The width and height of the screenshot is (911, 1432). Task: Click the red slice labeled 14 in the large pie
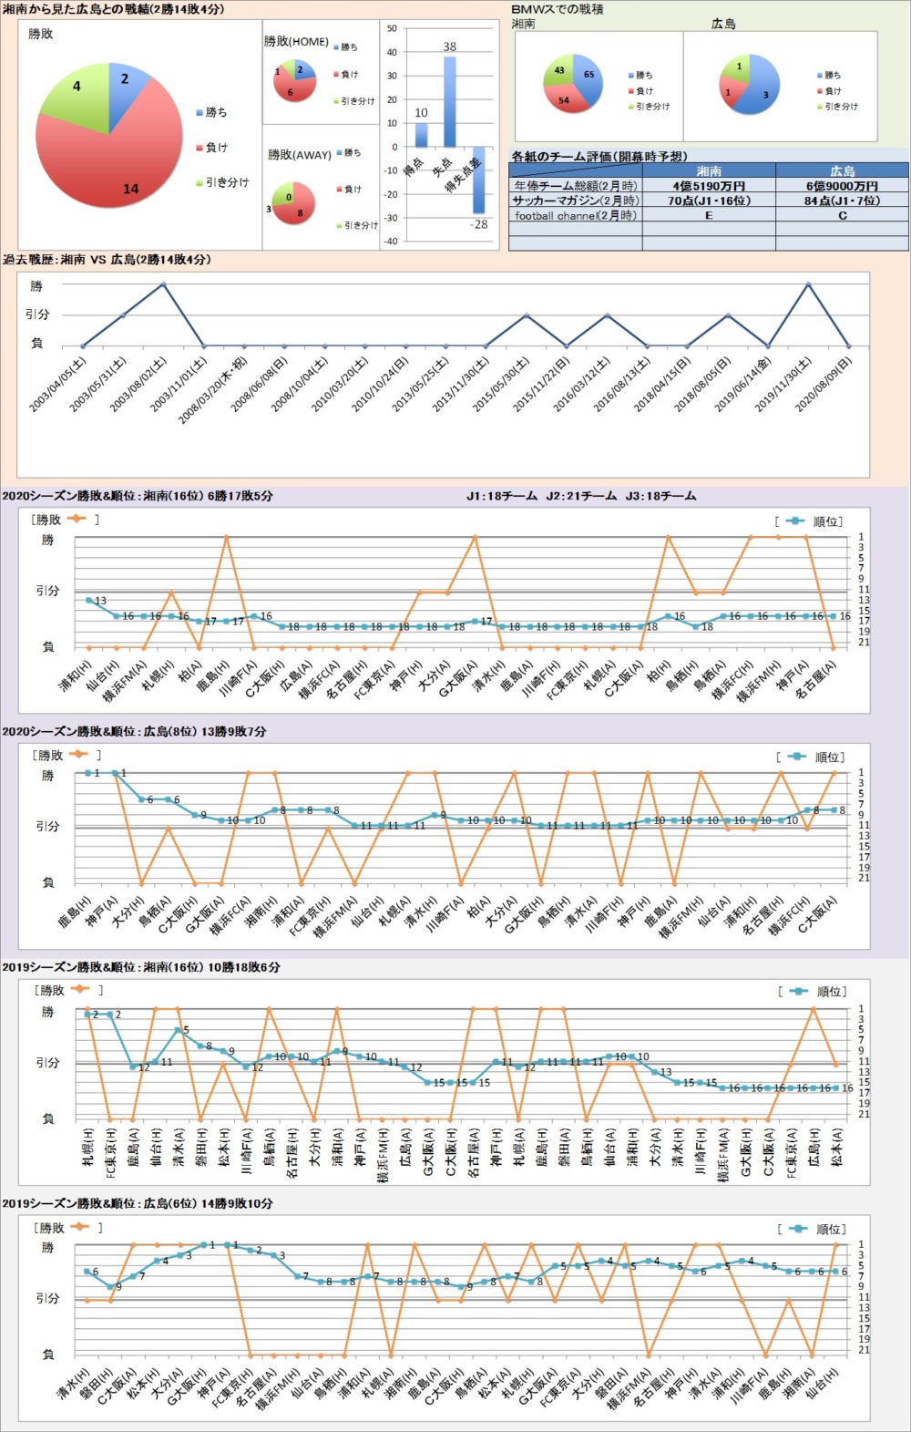(x=109, y=164)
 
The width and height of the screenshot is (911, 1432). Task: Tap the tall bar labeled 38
(x=450, y=100)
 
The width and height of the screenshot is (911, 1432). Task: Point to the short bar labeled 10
(x=421, y=134)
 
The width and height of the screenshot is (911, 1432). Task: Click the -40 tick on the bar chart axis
(x=391, y=242)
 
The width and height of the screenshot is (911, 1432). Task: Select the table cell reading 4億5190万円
(x=709, y=186)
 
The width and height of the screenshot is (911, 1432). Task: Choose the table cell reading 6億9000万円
(x=842, y=186)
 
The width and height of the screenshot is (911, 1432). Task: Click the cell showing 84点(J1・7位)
(x=842, y=201)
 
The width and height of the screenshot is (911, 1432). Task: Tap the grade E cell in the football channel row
(x=709, y=216)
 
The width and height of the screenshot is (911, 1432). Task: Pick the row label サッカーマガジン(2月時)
(x=575, y=201)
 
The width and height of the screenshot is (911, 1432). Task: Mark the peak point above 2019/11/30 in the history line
(x=808, y=284)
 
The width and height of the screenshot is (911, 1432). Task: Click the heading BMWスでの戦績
(x=558, y=9)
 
